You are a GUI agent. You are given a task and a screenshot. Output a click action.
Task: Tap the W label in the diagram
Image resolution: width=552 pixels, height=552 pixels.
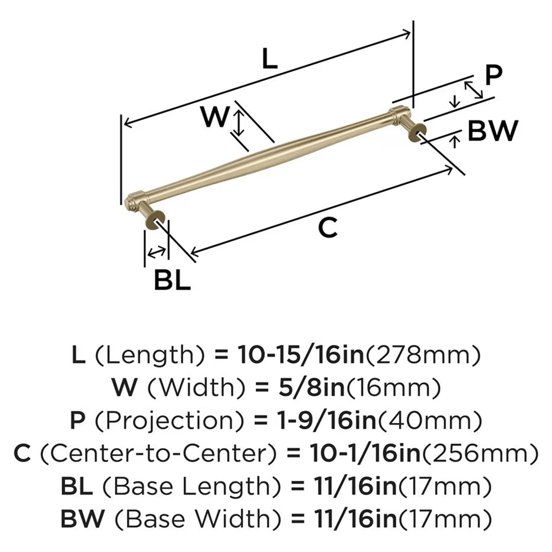pos(214,117)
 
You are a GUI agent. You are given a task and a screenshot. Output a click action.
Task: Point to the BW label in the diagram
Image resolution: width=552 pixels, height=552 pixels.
pos(493,131)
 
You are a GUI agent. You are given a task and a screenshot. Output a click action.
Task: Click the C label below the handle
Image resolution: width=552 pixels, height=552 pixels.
pos(328,228)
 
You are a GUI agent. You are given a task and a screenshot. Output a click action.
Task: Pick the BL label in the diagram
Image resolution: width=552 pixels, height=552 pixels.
pos(172,281)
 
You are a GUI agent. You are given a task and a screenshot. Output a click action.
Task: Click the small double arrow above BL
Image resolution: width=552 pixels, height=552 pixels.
pos(156,252)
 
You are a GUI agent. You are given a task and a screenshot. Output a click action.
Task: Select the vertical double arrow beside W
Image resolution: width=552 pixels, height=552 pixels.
pos(238,123)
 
